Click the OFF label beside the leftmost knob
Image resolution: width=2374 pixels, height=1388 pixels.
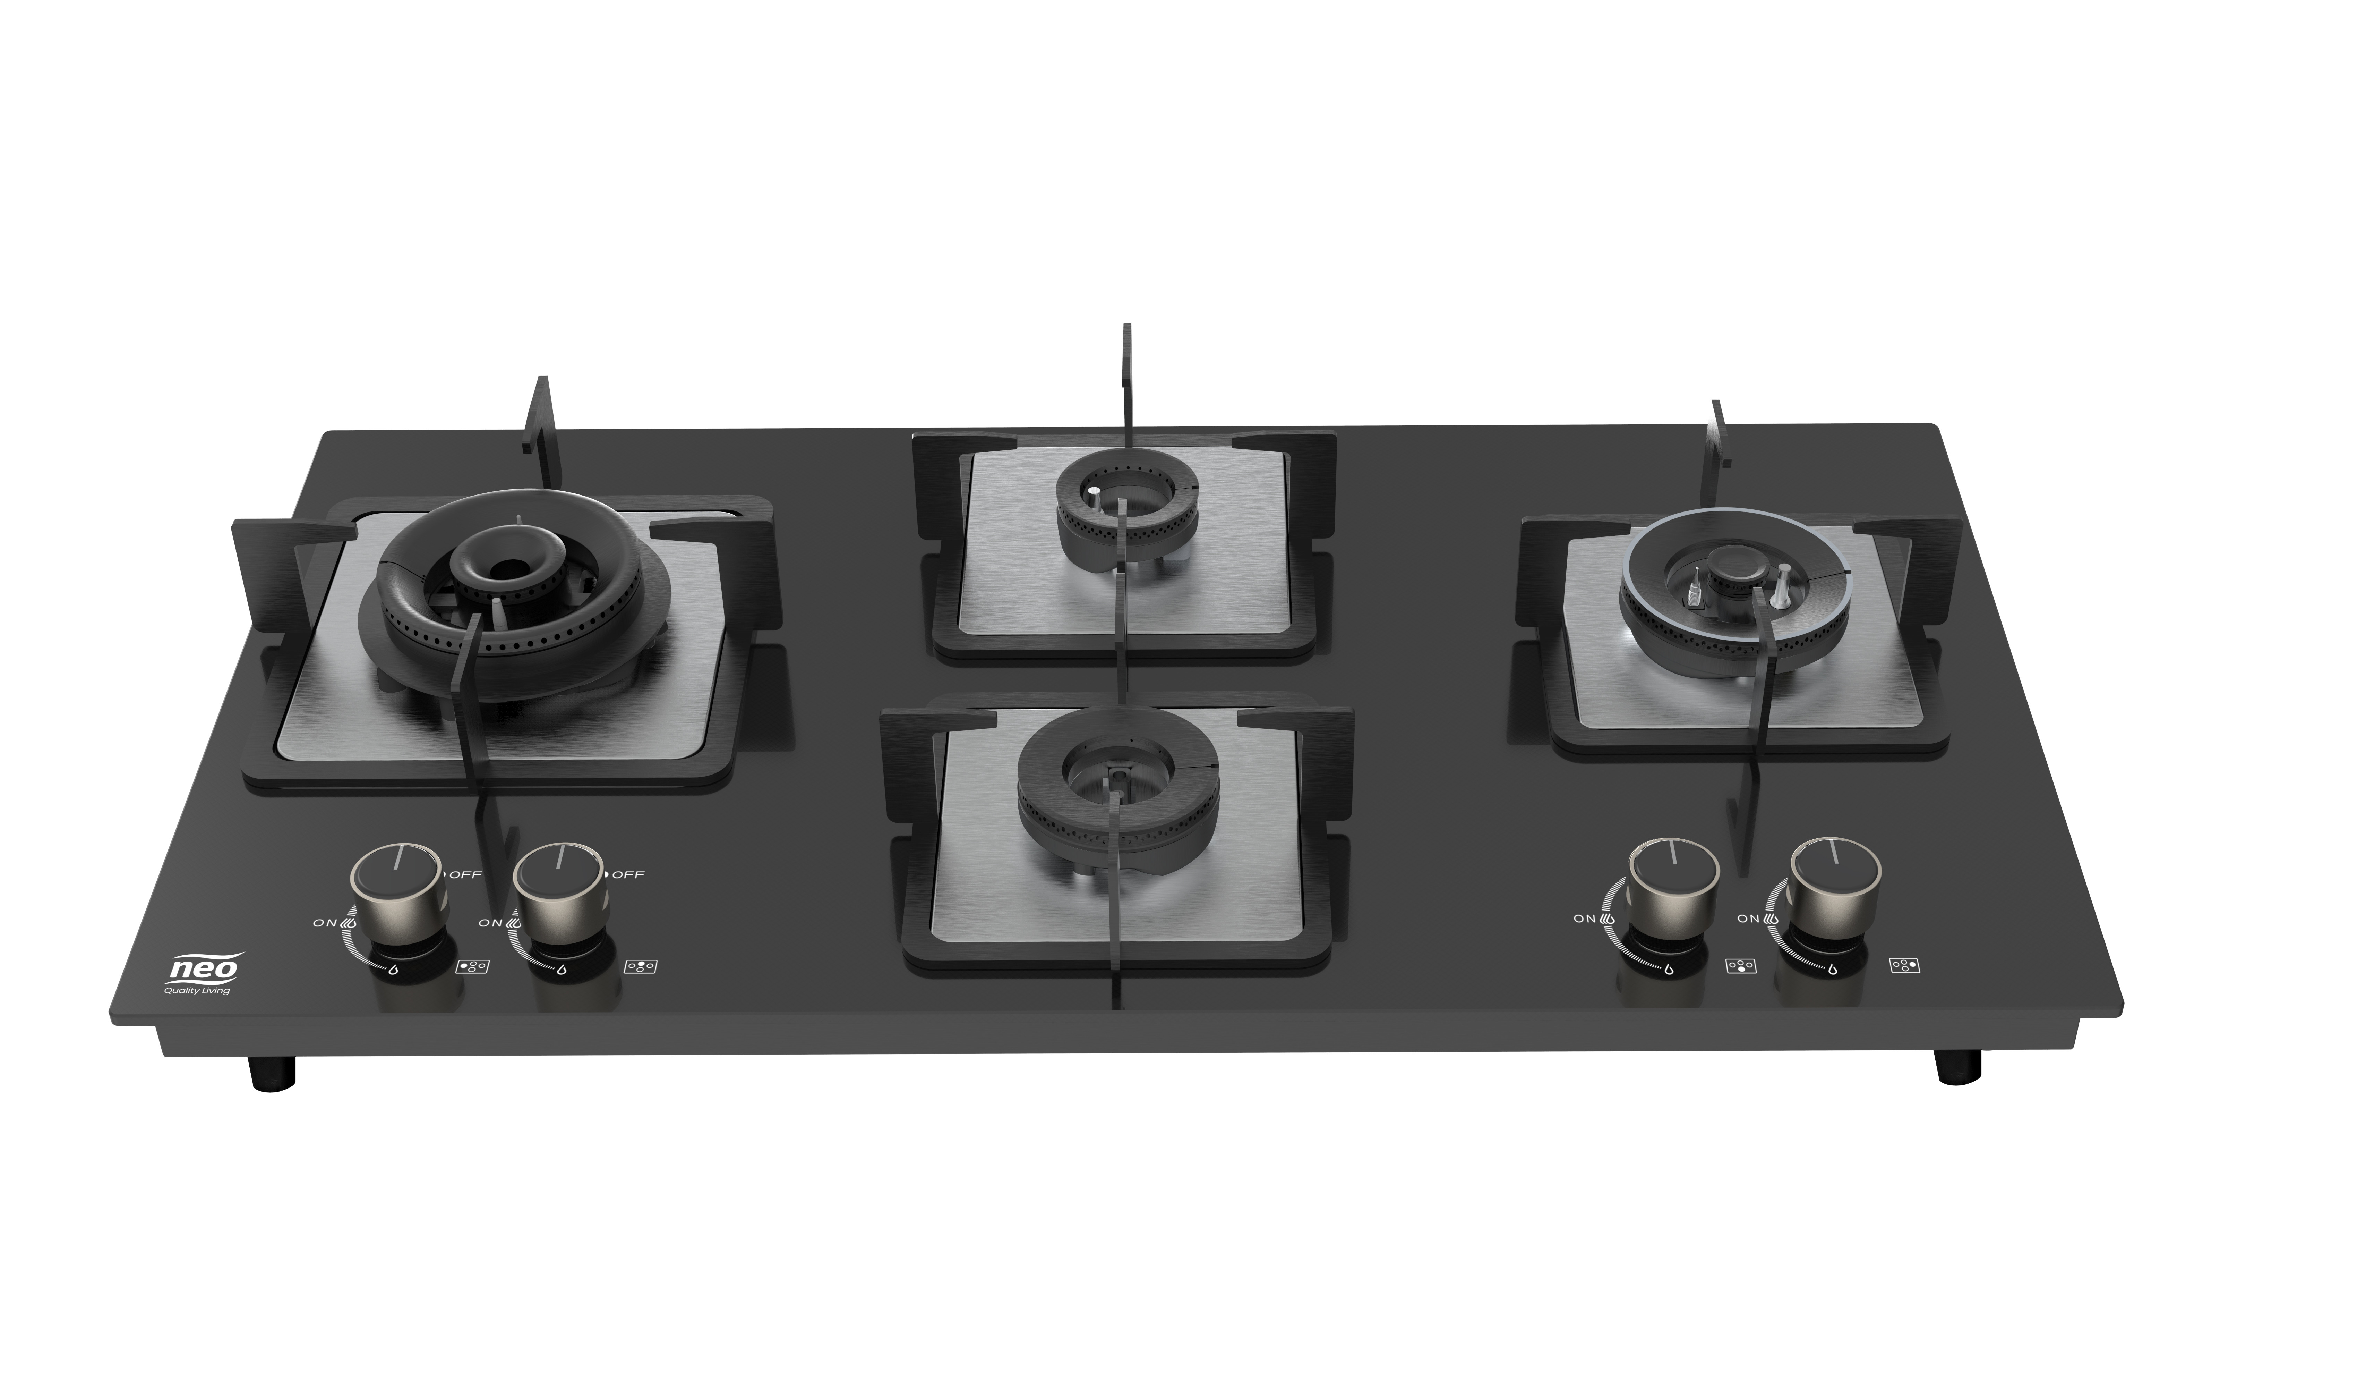pyautogui.click(x=465, y=874)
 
